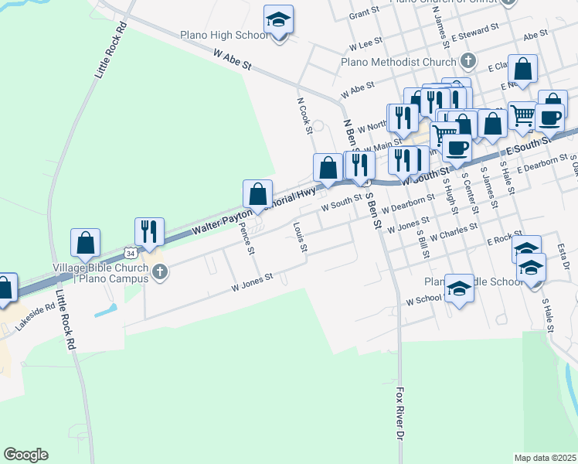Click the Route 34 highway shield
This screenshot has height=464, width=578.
131,253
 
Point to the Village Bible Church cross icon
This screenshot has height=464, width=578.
160,271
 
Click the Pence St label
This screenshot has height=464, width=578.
247,238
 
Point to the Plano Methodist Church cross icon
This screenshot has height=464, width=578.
467,60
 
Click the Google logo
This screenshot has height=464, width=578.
25,455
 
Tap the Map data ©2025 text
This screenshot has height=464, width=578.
545,458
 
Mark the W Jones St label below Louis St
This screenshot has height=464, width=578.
253,282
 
